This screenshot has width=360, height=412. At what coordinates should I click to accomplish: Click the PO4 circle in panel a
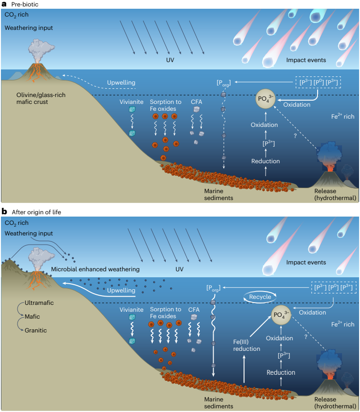pyautogui.click(x=265, y=99)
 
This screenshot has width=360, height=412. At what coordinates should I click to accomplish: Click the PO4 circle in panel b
pyautogui.click(x=283, y=315)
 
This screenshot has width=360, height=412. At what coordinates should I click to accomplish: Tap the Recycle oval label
pyautogui.click(x=260, y=297)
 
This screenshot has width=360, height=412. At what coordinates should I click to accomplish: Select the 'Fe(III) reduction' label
pyautogui.click(x=246, y=345)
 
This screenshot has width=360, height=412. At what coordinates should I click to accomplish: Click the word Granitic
pyautogui.click(x=35, y=330)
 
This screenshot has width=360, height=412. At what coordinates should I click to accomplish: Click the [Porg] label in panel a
pyautogui.click(x=223, y=83)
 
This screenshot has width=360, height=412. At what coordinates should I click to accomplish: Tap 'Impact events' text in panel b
pyautogui.click(x=306, y=262)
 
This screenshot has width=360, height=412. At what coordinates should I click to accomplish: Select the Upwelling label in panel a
pyautogui.click(x=121, y=83)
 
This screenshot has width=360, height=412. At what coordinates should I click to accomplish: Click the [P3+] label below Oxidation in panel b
pyautogui.click(x=280, y=355)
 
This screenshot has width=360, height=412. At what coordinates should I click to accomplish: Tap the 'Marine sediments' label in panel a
pyautogui.click(x=219, y=195)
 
